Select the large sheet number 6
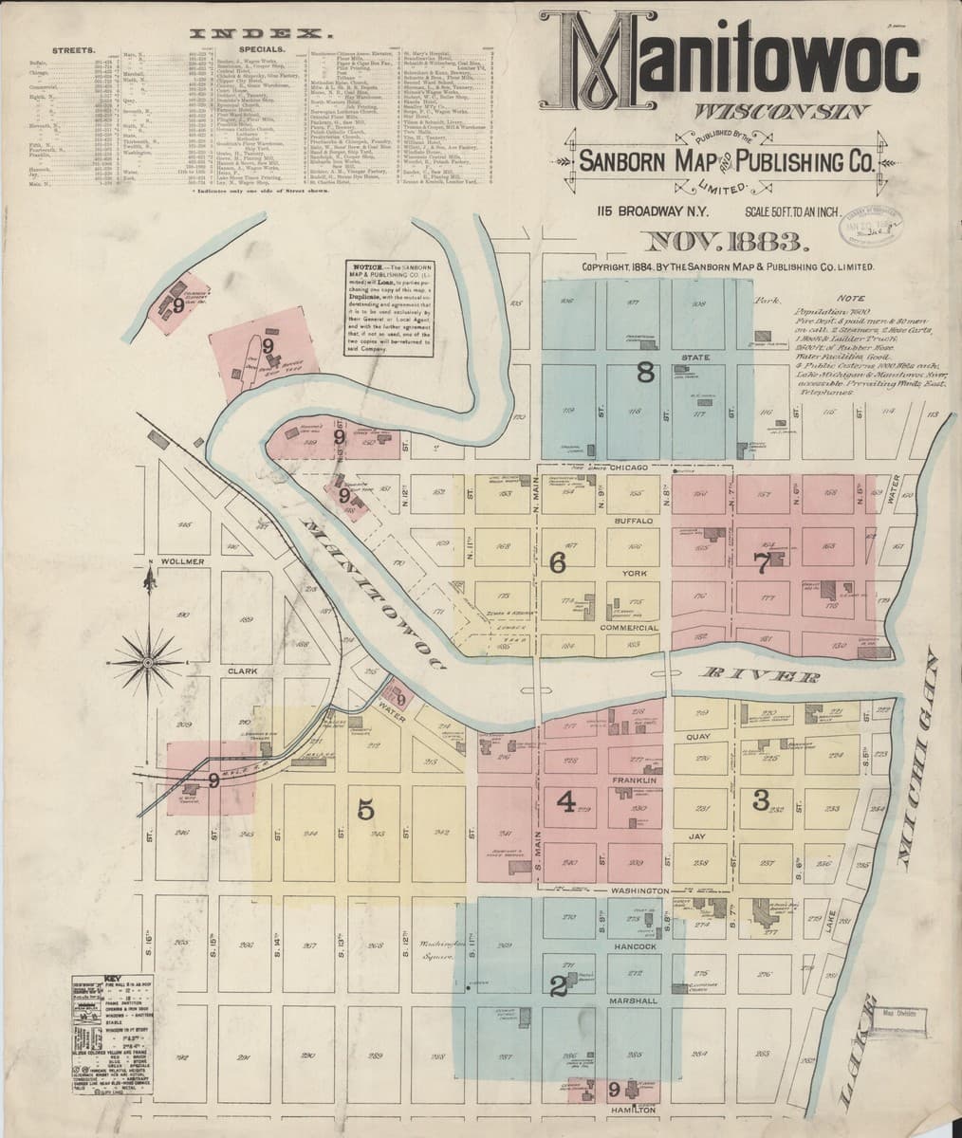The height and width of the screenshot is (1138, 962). (x=559, y=561)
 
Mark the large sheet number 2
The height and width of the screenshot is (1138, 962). (x=558, y=986)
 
